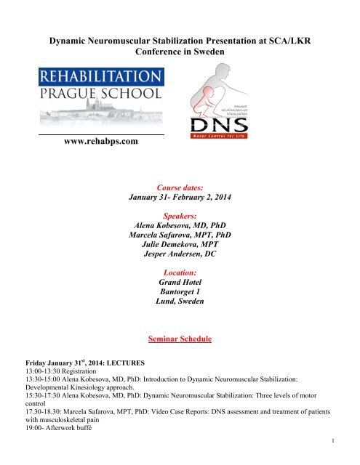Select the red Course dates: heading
pyautogui.click(x=180, y=184)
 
